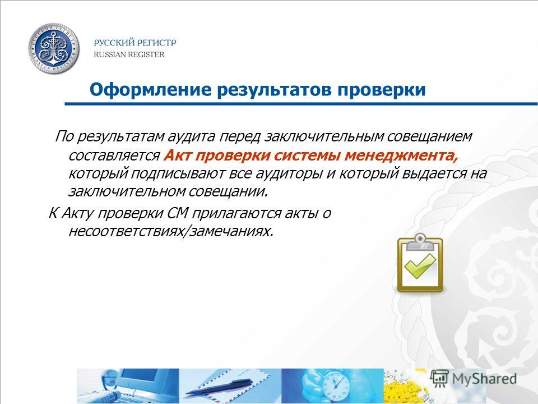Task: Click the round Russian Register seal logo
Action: click(x=54, y=49)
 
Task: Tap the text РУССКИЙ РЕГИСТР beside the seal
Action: click(x=135, y=43)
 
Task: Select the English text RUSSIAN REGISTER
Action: click(x=129, y=54)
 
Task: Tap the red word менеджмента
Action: click(x=401, y=156)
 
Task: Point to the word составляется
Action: click(x=114, y=156)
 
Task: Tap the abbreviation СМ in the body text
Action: click(x=178, y=213)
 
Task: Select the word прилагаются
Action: click(x=236, y=214)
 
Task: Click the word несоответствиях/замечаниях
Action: click(x=171, y=231)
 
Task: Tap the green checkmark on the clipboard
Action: click(x=420, y=267)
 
